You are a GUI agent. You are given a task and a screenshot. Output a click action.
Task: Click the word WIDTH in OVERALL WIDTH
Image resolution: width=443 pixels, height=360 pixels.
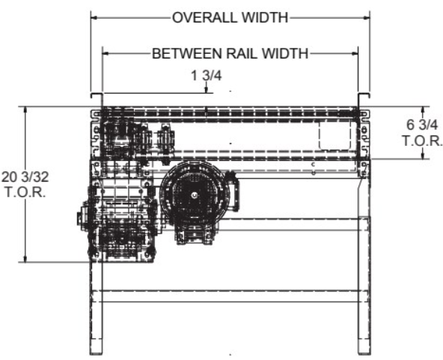click(265, 17)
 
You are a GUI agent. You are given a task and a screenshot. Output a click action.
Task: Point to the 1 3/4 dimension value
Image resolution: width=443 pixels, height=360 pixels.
click(207, 76)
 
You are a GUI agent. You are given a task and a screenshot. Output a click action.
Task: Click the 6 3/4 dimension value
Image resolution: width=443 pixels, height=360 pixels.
click(422, 124)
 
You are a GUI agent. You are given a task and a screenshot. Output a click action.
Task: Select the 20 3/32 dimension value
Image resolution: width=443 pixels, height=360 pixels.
click(25, 177)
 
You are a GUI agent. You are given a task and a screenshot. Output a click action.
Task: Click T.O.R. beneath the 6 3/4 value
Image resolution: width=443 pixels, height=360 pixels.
click(422, 141)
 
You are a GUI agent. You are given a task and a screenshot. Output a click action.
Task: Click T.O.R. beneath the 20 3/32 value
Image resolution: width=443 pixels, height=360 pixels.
click(25, 192)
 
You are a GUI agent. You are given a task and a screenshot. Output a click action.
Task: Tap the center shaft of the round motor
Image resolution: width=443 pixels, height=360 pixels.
click(195, 195)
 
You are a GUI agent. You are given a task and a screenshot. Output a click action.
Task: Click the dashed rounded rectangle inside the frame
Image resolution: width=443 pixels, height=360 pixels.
click(334, 135)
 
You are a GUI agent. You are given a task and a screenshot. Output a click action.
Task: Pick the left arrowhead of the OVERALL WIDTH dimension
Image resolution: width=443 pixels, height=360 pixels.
click(94, 17)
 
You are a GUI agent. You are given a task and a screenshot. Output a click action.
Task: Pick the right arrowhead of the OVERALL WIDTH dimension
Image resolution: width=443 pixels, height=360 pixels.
click(367, 17)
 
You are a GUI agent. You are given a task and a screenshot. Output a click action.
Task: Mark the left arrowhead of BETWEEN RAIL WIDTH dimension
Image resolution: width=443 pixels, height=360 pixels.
click(106, 53)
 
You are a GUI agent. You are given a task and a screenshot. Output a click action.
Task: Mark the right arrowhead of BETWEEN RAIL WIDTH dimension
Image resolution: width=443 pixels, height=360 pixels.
click(355, 53)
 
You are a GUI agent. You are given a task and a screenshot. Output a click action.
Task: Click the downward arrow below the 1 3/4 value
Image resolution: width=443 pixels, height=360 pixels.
click(207, 87)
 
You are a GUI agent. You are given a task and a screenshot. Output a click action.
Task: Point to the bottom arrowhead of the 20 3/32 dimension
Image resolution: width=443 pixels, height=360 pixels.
click(25, 259)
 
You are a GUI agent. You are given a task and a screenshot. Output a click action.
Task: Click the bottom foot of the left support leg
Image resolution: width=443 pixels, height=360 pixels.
click(96, 353)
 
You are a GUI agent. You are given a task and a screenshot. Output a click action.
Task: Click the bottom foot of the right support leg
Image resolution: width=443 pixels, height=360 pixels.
click(364, 353)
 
